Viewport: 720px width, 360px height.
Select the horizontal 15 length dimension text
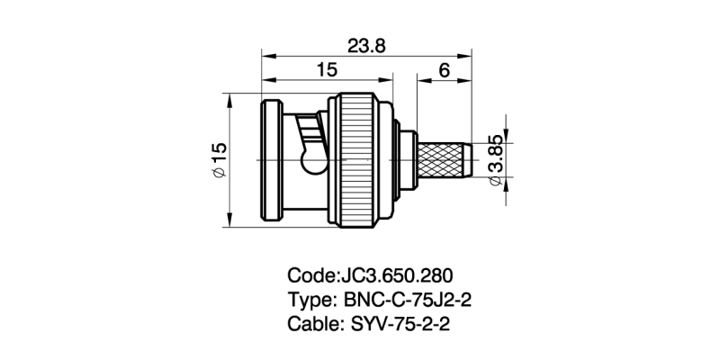[x=327, y=69]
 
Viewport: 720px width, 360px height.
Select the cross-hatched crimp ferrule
[x=443, y=159]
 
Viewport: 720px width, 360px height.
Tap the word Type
[x=309, y=300]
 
